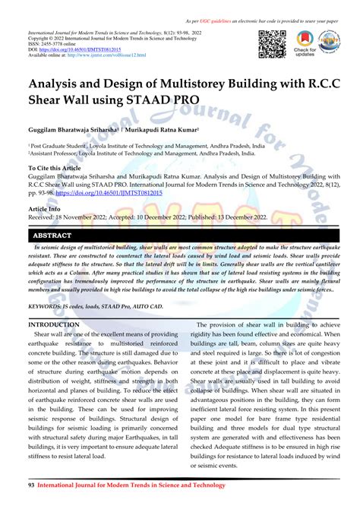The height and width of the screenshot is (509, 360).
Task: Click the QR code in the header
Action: [273, 44]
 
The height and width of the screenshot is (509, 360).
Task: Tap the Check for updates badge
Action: [305, 44]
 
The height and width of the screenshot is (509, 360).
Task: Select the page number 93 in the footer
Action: [31, 484]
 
